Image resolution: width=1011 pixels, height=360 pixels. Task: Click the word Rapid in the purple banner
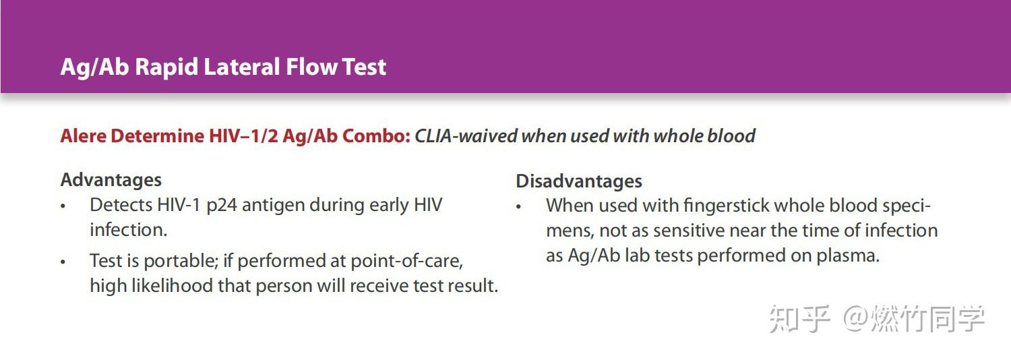[166, 67]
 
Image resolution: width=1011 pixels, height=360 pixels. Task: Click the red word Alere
[83, 136]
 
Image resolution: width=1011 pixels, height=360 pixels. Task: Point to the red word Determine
[157, 136]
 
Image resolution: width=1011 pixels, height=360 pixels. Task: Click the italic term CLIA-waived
[466, 136]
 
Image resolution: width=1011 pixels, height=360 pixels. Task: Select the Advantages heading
[111, 180]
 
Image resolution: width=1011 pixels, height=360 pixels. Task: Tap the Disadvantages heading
[579, 181]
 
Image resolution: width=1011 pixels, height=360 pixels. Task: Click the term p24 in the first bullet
[222, 206]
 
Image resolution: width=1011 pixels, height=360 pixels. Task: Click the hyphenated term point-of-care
[406, 261]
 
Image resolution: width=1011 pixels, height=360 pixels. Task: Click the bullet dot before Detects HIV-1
[63, 206]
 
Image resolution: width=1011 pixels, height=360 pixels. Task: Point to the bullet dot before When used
[518, 207]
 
